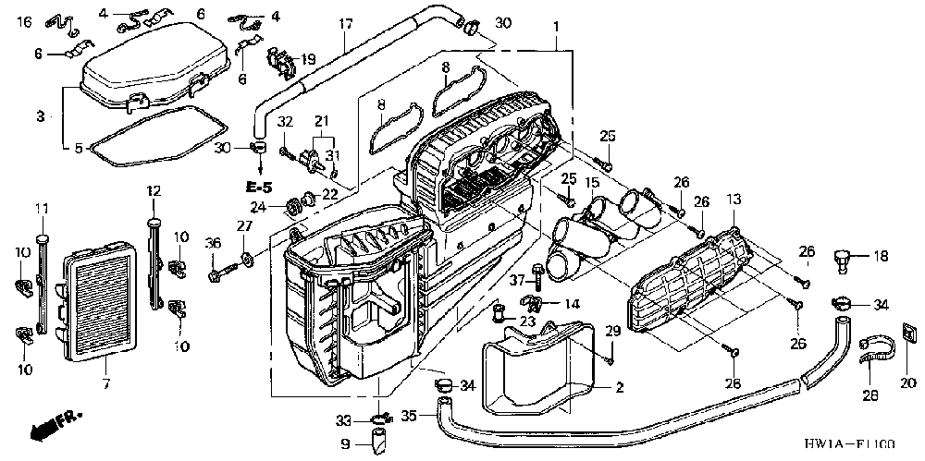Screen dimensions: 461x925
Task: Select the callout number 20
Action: point(906,382)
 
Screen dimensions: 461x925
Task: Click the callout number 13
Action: point(734,200)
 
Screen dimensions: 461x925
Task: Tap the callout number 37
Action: point(515,280)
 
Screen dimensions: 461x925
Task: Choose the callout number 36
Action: point(212,243)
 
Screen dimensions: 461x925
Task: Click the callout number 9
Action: point(345,443)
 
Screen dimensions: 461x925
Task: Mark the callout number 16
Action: point(24,20)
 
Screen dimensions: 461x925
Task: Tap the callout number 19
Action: point(309,57)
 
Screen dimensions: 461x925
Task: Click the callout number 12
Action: point(154,190)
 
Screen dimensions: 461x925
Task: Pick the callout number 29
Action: point(610,331)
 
